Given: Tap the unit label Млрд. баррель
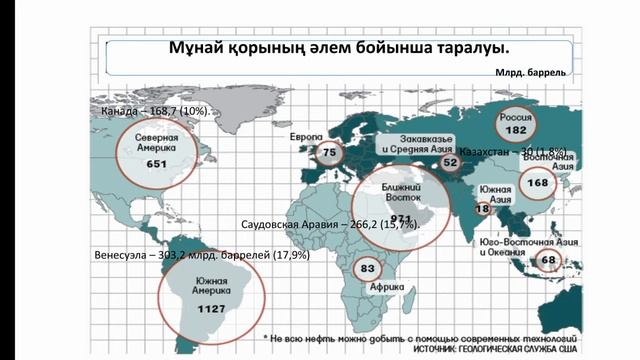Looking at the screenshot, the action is [530, 73].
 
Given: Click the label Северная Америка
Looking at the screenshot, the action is [157, 141].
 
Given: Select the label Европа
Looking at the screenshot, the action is [306, 134].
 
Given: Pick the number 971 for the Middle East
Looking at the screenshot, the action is [403, 217].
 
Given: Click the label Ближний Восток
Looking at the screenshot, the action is [403, 192].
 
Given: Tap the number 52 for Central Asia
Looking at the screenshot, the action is [450, 162].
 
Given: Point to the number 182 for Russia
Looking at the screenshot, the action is [516, 130].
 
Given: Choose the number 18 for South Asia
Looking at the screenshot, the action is [482, 209].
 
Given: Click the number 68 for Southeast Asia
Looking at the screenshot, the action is [548, 261].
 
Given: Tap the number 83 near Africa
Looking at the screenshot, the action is [368, 268].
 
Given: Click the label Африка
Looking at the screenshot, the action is [387, 285].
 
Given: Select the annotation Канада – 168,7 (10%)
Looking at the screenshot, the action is [155, 110].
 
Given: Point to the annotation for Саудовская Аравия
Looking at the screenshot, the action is [330, 225].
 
